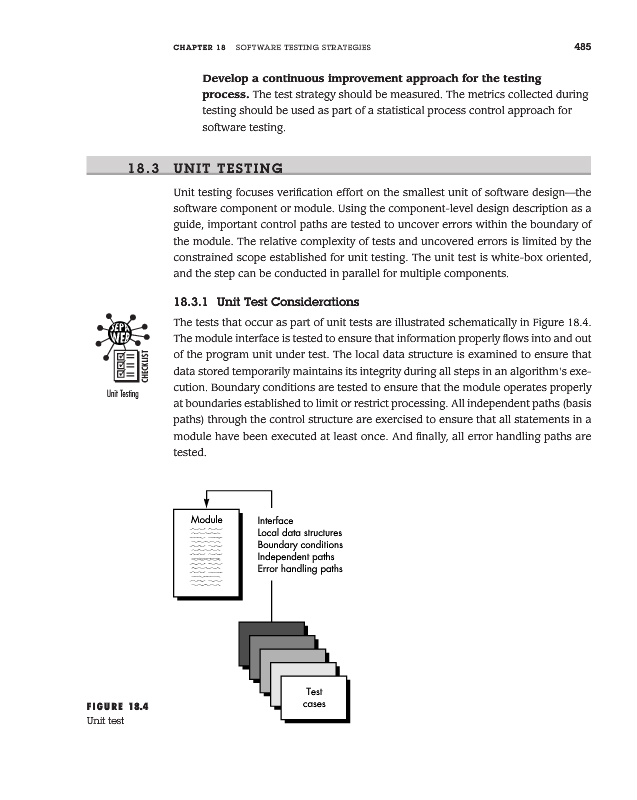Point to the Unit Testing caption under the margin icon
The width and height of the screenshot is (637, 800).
coord(122,393)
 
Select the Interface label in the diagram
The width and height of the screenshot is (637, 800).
coord(275,521)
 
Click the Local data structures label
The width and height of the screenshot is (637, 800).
coord(300,533)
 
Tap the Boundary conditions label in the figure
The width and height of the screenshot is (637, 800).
coord(300,545)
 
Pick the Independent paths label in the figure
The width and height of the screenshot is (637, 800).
coord(296,557)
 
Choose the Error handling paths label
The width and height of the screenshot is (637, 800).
coord(300,569)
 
